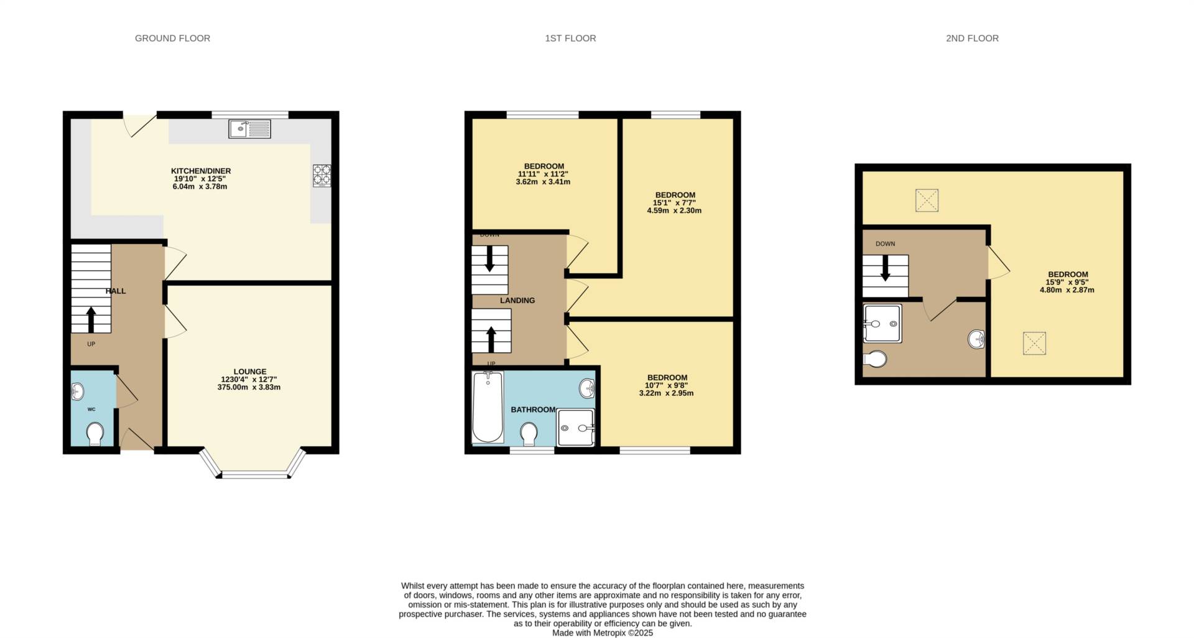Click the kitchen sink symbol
pos(249,128)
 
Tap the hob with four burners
pos(322,175)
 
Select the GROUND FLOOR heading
pos(172,39)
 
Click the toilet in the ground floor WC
pos(95,434)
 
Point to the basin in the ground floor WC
pos(77,392)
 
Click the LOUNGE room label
pos(250,372)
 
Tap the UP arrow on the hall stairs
pos(91,319)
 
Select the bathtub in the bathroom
pos(488,406)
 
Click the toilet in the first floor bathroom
pos(529,434)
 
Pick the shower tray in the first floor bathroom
pos(576,427)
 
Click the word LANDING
pos(517,301)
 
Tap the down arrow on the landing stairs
pos(489,259)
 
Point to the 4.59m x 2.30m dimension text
pos(674,210)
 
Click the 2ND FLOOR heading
pos(972,39)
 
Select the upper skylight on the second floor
pos(927,200)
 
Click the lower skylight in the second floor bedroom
pos(1034,344)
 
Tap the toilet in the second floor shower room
pos(875,359)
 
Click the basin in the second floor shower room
pos(976,339)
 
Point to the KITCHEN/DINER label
pos(201,171)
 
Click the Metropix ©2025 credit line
pos(603,633)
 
